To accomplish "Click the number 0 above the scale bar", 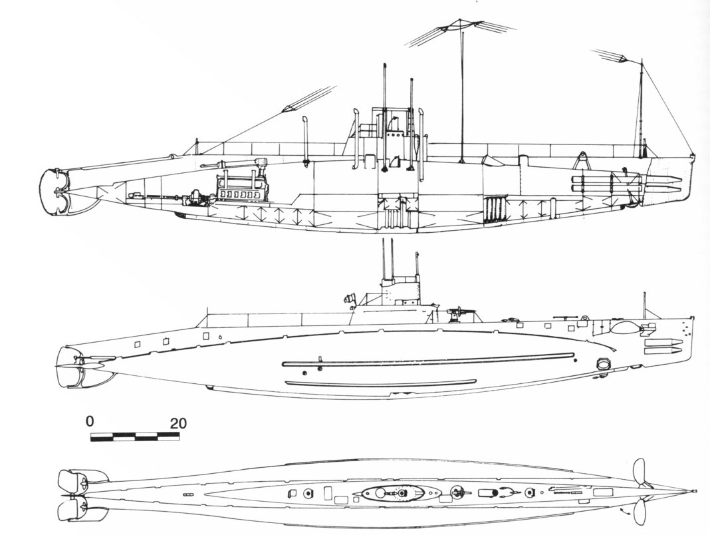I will (90, 422).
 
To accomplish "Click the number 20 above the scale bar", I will (178, 423).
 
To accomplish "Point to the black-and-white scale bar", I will (135, 437).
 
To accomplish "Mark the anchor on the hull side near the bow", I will (604, 363).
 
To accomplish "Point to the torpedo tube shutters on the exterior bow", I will (662, 345).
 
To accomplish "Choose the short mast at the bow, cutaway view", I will (642, 110).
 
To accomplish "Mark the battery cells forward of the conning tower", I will (496, 210).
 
